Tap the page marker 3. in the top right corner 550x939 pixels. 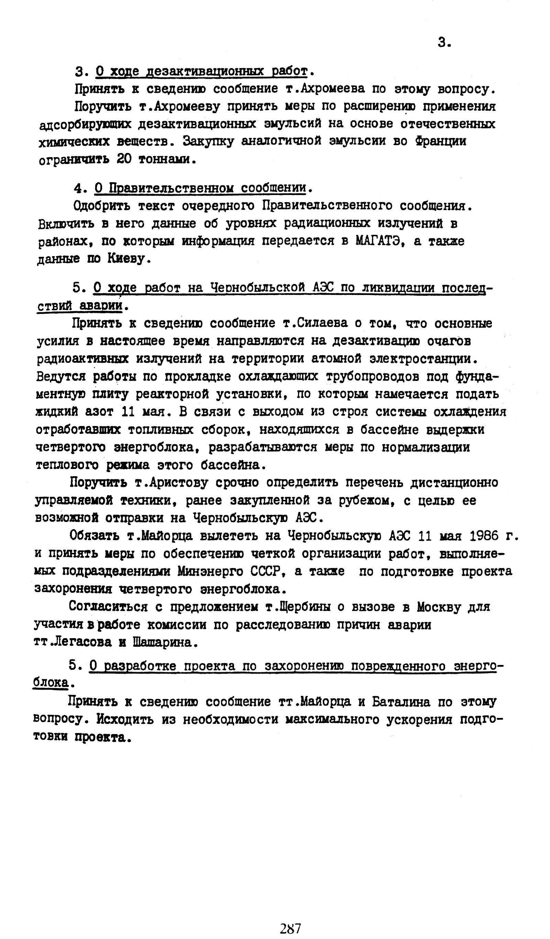[x=444, y=43]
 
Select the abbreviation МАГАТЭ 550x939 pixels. [x=380, y=241]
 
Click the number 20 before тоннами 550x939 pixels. [x=124, y=160]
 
